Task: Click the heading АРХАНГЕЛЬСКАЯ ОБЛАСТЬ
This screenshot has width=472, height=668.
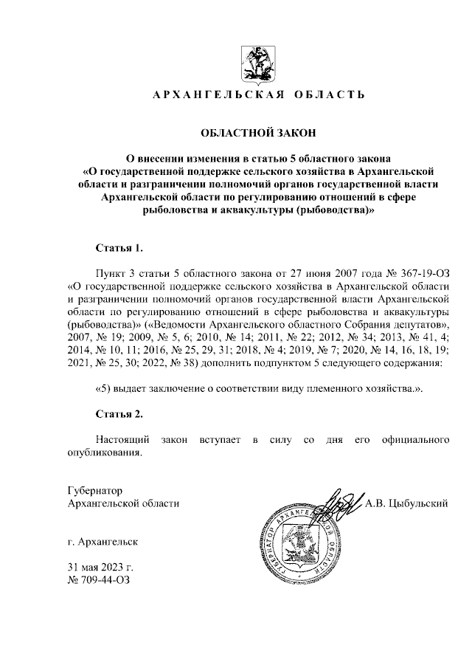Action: click(x=258, y=96)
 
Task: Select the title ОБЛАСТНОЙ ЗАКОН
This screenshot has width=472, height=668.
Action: click(x=258, y=134)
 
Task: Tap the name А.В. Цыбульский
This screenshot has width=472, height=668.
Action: click(x=407, y=504)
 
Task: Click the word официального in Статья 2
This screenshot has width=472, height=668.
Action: click(x=412, y=440)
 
